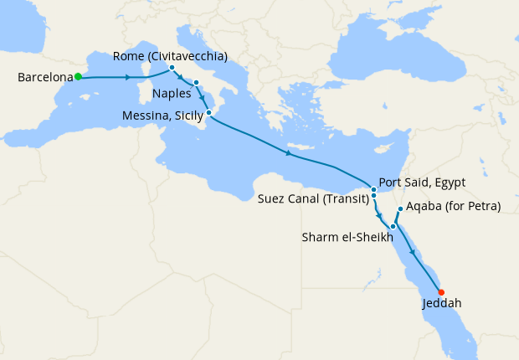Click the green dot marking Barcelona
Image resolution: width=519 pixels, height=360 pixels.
(x=78, y=76)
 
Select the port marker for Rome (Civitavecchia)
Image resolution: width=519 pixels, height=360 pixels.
(x=172, y=67)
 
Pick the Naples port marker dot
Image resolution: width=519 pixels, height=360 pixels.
(x=196, y=82)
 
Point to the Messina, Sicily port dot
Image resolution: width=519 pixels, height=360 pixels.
(x=208, y=111)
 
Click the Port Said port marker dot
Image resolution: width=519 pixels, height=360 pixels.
(x=374, y=189)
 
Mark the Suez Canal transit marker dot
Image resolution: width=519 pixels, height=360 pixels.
(x=374, y=197)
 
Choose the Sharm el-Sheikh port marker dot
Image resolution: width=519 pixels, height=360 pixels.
(x=393, y=226)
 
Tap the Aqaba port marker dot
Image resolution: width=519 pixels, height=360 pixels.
(x=401, y=208)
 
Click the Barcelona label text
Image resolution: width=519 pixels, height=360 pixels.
(x=44, y=78)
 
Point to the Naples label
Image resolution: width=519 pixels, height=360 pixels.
(x=172, y=94)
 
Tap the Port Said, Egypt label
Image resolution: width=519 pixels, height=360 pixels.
(x=422, y=182)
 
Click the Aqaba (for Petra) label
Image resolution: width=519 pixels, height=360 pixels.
(x=453, y=207)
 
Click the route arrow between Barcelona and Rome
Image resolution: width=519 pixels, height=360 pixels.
(x=127, y=77)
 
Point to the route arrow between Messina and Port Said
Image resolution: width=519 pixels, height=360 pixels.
(x=289, y=153)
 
